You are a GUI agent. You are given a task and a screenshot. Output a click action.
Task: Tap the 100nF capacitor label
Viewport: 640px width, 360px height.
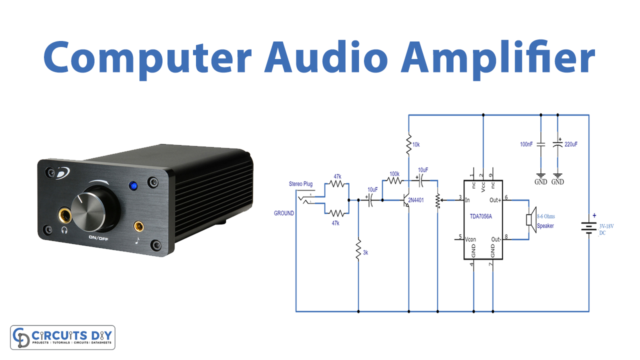(523, 144)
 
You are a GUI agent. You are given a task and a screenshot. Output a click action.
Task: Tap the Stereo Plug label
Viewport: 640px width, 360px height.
(303, 185)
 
